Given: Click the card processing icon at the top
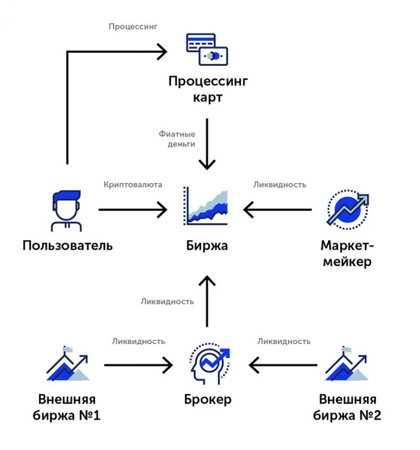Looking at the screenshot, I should pos(207,50).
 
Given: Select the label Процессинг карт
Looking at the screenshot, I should pos(207,91).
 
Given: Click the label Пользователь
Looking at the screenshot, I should pos(68,245).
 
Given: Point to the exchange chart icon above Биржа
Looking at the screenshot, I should pos(206,206).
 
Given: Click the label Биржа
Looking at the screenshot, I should pos(206,245).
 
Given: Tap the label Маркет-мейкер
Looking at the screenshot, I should pos(346,253).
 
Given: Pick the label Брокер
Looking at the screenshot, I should pos(207,399).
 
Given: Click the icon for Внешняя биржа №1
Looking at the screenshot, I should pos(68,364).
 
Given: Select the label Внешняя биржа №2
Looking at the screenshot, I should pos(347,407).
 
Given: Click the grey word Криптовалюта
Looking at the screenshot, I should pos(133,185).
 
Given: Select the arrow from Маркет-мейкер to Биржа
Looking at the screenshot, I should pos(277,209).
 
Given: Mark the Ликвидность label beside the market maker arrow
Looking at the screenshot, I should pos(279,185).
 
